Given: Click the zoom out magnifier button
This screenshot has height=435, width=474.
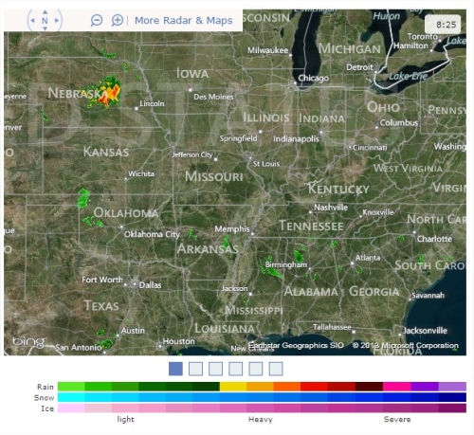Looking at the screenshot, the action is [97, 20].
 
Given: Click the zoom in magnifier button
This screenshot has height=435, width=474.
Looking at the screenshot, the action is [118, 20].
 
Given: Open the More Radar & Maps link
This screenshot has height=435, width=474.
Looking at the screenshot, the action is [183, 20].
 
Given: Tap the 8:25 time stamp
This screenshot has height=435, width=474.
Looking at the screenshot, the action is [447, 22].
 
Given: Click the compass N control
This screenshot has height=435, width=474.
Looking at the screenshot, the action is [45, 20].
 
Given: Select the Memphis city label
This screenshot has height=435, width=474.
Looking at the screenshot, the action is [232, 229].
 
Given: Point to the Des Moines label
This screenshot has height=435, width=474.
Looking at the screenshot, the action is [212, 97].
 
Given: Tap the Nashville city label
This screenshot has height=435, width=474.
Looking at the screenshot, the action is [331, 208].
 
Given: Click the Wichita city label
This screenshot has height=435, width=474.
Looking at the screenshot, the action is [141, 174].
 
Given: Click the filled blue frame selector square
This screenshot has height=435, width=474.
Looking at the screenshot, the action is [175, 369].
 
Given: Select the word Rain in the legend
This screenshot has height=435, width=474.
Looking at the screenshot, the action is [45, 387].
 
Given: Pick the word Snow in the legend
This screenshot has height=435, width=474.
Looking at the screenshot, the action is [45, 398].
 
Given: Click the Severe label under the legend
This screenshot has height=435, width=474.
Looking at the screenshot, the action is [397, 419].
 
